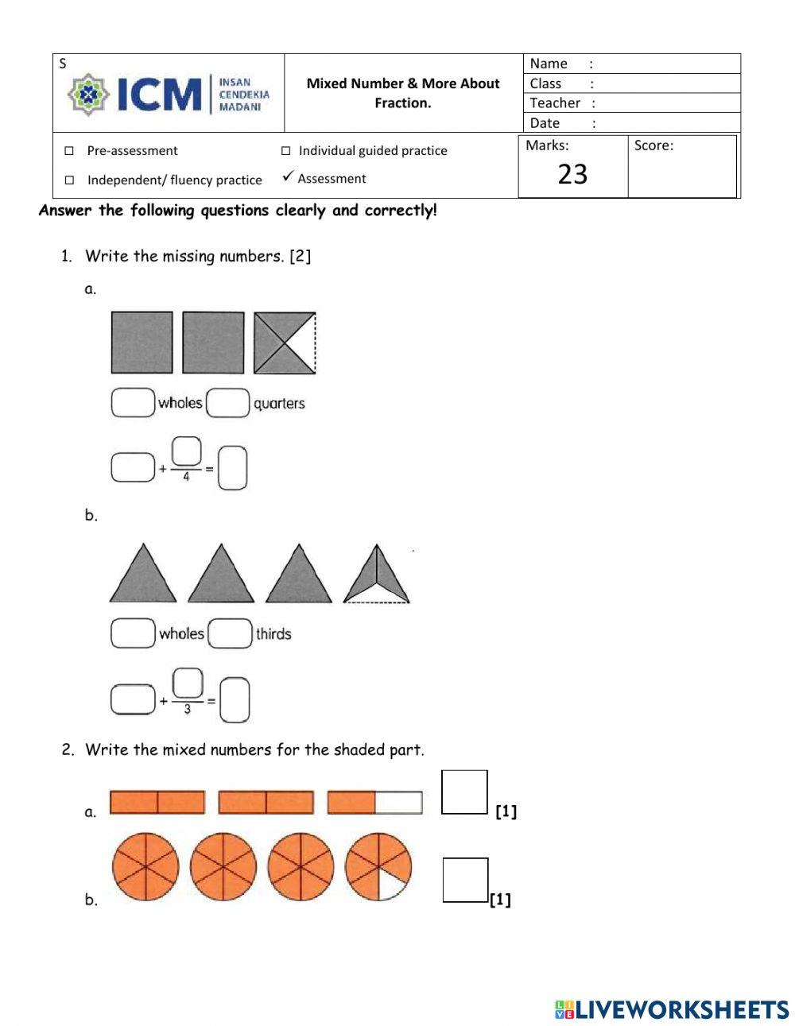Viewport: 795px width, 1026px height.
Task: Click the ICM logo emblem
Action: [88, 95]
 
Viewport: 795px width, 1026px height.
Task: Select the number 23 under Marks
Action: [572, 174]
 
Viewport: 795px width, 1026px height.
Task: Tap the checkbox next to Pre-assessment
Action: [69, 151]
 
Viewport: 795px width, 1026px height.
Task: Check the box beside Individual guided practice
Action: [286, 151]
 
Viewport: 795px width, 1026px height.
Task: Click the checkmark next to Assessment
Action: [288, 176]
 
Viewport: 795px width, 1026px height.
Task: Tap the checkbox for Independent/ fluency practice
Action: [69, 180]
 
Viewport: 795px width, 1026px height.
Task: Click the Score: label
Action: [653, 145]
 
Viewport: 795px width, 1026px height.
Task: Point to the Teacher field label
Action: [555, 103]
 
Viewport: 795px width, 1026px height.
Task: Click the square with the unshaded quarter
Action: [285, 343]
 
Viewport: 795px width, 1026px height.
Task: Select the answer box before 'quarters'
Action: [228, 403]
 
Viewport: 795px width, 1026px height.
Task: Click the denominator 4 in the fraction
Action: [186, 478]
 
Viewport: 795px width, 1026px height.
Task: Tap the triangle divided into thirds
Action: [376, 574]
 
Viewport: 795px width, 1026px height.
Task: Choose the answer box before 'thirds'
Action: [230, 633]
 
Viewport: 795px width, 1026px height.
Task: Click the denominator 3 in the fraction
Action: [187, 709]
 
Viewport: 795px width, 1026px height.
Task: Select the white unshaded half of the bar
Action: [398, 803]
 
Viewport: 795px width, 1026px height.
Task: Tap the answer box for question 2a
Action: [464, 792]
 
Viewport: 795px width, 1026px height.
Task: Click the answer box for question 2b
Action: [465, 880]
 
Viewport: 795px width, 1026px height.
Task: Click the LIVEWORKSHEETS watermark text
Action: [681, 1009]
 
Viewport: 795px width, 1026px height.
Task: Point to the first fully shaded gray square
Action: [142, 343]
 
